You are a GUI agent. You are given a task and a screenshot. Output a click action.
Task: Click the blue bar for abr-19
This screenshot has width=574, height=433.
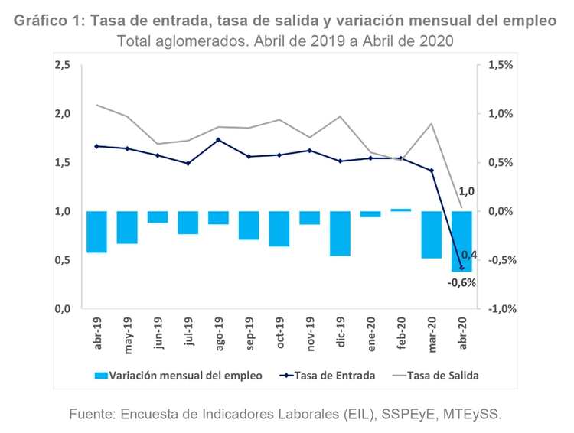[x=96, y=232]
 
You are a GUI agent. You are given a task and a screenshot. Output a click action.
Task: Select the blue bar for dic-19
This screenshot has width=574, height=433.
[x=340, y=233]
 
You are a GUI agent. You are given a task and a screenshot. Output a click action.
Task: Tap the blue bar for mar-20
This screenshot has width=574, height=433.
[x=431, y=235]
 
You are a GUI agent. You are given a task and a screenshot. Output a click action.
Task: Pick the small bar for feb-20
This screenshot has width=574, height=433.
[x=401, y=210]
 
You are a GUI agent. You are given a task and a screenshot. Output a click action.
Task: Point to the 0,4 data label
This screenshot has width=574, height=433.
[x=468, y=255]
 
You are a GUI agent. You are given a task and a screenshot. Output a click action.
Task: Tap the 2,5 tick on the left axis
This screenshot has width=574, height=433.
[x=63, y=66]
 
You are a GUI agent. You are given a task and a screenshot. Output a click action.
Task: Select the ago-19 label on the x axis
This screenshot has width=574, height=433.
[x=217, y=332]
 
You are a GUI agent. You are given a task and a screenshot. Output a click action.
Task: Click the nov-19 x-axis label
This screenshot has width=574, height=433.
[x=308, y=333]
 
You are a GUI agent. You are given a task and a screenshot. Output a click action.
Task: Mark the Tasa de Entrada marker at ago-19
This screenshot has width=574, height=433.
[x=218, y=140]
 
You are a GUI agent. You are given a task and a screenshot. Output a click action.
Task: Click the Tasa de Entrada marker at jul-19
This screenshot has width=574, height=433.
[x=188, y=163]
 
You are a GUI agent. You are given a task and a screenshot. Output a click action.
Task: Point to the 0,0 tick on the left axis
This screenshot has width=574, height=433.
[x=63, y=309]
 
